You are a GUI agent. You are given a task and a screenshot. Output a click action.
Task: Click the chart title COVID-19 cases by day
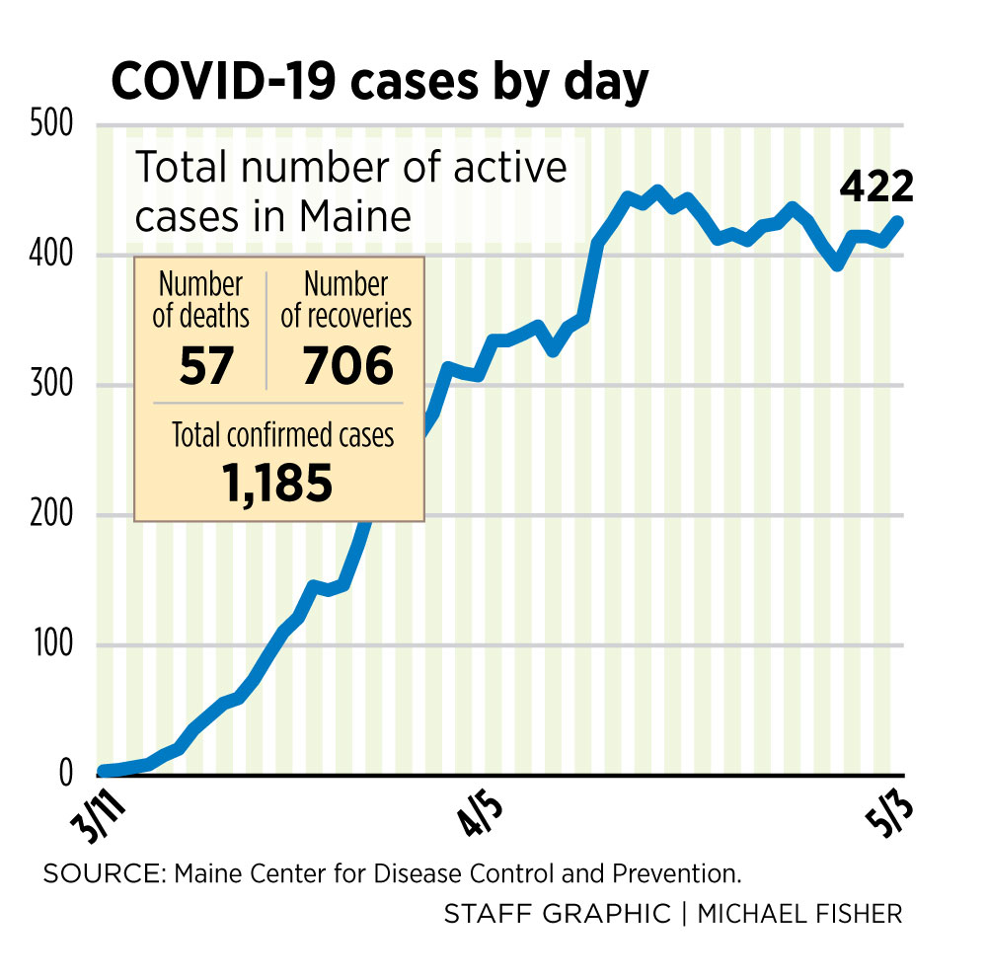pos(379,82)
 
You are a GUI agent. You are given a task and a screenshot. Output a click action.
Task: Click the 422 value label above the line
pos(877,188)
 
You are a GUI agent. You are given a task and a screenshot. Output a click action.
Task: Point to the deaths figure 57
pos(206,366)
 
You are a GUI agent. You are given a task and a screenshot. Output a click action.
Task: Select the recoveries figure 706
pos(347,366)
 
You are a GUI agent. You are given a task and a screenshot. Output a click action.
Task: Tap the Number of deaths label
pos(201,301)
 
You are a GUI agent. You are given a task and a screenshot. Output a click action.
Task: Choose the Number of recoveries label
pos(346,301)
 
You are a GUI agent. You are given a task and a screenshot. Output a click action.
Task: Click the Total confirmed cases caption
pos(282,435)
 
